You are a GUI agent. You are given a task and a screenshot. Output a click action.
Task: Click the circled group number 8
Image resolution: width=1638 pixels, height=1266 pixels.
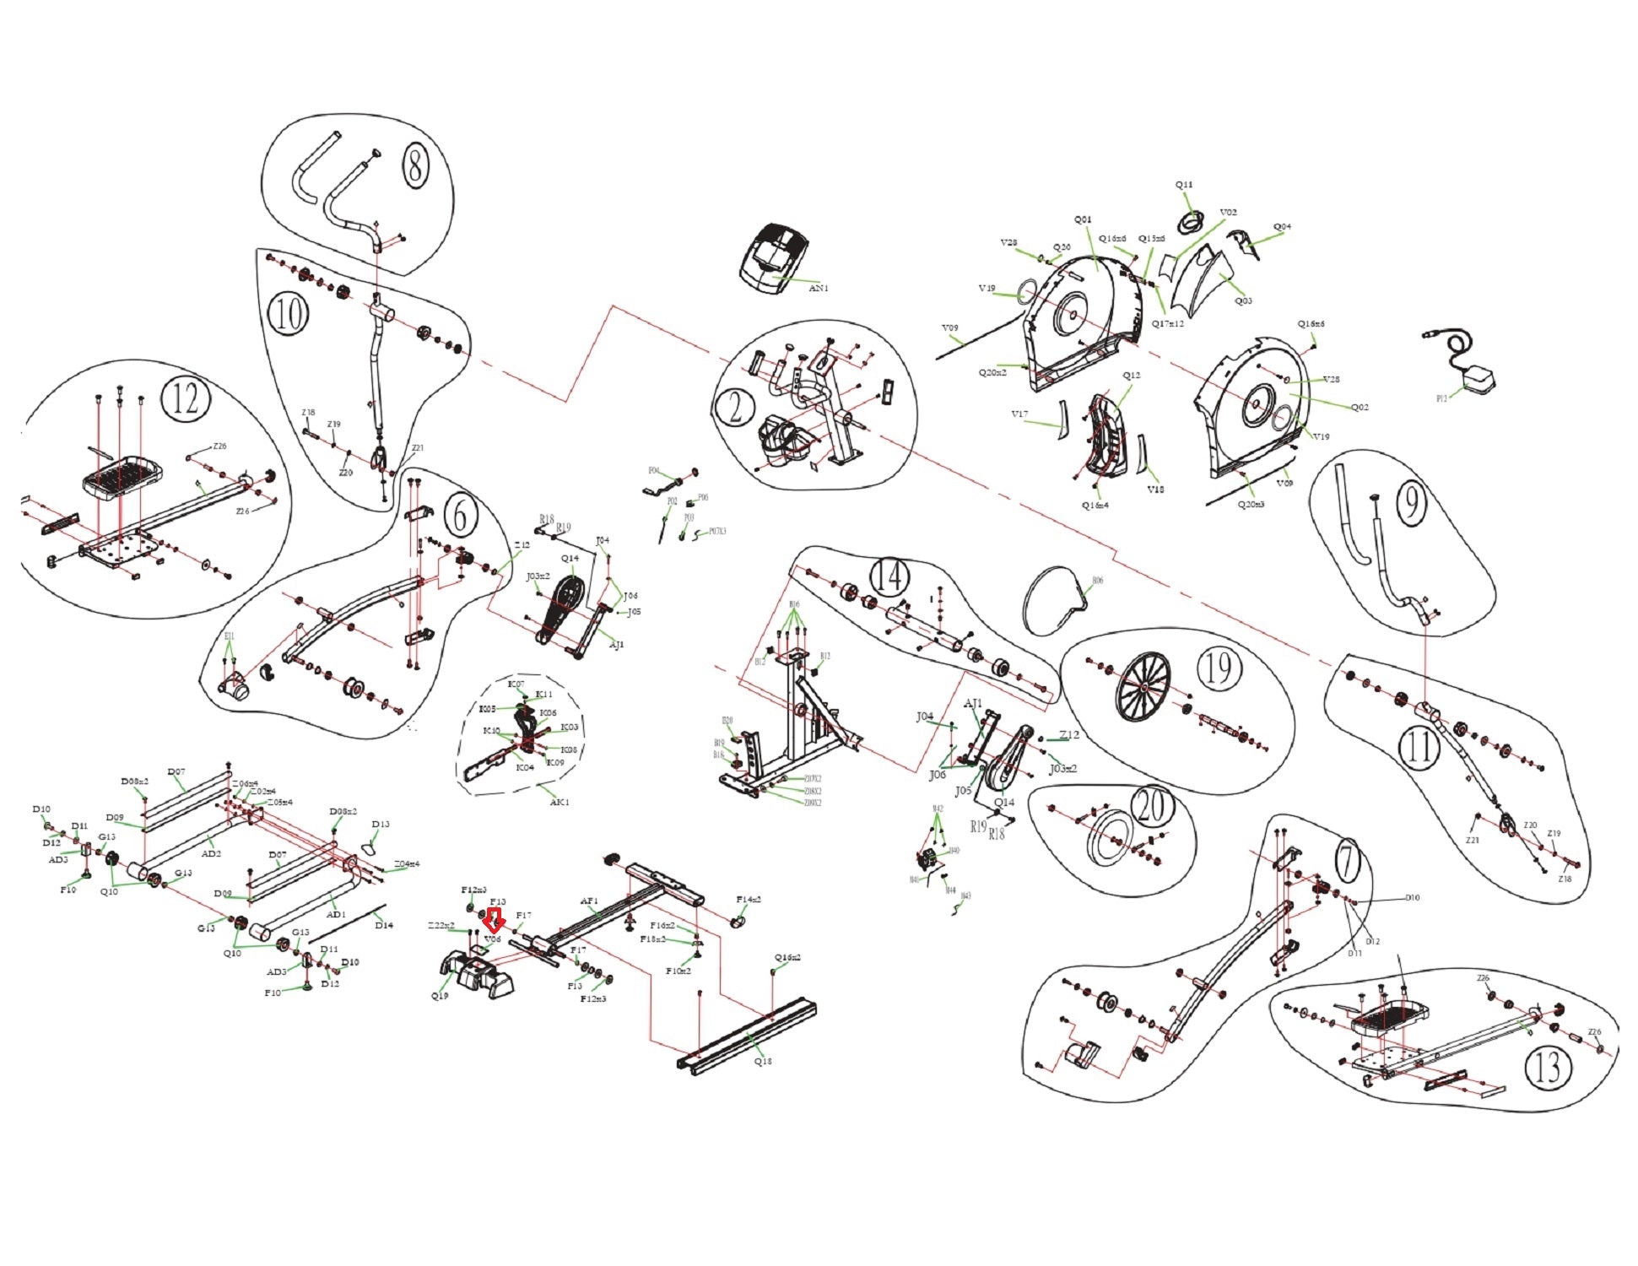click(414, 165)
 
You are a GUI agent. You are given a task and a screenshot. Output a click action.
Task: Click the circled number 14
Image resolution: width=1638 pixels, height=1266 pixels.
click(889, 577)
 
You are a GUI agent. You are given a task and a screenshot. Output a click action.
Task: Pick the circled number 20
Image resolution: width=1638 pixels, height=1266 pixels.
click(1151, 805)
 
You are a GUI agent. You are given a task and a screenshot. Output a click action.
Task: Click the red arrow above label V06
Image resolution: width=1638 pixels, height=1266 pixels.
click(495, 919)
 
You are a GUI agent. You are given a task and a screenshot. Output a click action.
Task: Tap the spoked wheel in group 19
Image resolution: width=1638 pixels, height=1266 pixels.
click(1143, 688)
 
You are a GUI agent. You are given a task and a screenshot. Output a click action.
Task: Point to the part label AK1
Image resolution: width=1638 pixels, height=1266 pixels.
click(560, 802)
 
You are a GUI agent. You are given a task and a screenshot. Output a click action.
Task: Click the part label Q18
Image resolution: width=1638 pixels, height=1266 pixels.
click(762, 1061)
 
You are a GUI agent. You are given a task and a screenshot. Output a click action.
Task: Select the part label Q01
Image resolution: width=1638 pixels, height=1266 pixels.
click(1082, 220)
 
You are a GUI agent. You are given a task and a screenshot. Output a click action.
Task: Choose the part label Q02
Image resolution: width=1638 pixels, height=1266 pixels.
click(1360, 407)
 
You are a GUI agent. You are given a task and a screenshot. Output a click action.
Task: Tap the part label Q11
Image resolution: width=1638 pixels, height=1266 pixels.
click(1184, 185)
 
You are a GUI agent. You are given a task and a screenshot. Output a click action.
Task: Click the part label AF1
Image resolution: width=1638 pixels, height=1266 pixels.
click(588, 901)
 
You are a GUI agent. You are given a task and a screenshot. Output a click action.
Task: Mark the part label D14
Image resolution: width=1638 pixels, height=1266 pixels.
click(384, 925)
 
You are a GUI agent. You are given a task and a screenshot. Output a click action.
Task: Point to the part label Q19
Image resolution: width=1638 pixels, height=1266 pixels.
click(440, 996)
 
